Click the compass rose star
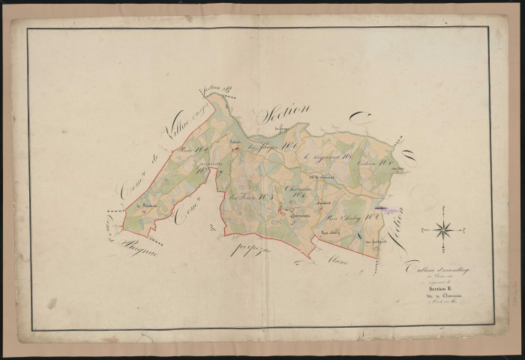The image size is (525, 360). [x=443, y=230]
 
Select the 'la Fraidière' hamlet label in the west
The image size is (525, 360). [x=145, y=207]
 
